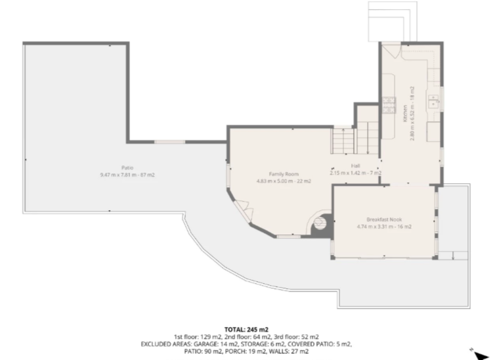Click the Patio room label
click(127, 168)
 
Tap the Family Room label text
click(284, 174)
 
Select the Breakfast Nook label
click(384, 219)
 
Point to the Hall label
click(355, 166)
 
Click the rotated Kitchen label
click(405, 114)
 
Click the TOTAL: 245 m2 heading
click(246, 330)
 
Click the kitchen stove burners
click(389, 105)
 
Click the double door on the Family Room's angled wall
click(245, 210)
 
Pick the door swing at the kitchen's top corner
click(391, 51)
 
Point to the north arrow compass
click(480, 354)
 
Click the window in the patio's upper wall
click(169, 142)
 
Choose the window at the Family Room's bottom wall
click(289, 236)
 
